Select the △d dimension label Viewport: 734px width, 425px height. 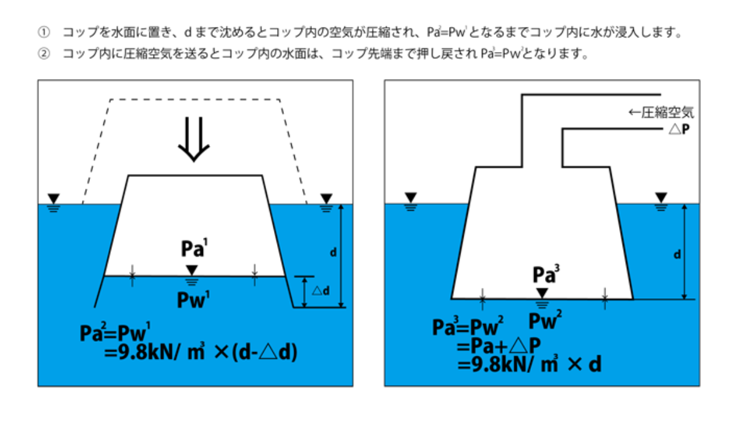click(x=321, y=290)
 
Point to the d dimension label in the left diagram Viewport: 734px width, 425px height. click(x=332, y=252)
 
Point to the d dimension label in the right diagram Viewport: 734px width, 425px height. click(x=677, y=254)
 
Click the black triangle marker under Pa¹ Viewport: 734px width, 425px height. click(x=192, y=270)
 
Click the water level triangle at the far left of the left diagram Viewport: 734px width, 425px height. click(x=54, y=198)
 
